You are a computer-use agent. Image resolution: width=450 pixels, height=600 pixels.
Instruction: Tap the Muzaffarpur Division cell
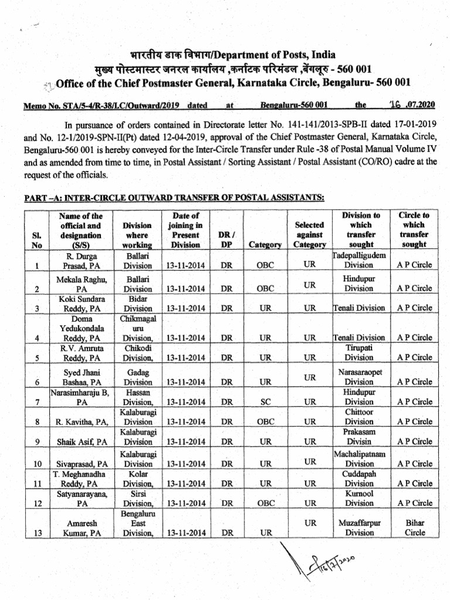(x=359, y=527)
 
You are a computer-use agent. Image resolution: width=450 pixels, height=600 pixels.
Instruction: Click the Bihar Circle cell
(x=414, y=527)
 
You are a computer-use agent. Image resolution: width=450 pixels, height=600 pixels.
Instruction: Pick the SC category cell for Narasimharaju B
(x=265, y=402)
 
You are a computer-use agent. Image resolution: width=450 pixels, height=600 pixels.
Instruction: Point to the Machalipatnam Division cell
(x=359, y=458)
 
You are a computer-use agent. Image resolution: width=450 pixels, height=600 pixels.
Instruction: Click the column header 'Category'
(x=265, y=245)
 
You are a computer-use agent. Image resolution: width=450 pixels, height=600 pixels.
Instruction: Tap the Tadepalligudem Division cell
(x=359, y=260)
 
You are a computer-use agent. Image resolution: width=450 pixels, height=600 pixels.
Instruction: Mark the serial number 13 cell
(x=37, y=533)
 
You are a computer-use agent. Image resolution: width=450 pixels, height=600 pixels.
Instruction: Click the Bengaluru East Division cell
(x=138, y=523)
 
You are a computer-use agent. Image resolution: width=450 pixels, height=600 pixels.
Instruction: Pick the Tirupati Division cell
(x=359, y=352)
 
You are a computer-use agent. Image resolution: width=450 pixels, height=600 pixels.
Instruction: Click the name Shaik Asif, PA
(x=81, y=442)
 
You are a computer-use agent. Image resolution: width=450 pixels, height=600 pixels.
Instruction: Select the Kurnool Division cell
(x=359, y=498)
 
